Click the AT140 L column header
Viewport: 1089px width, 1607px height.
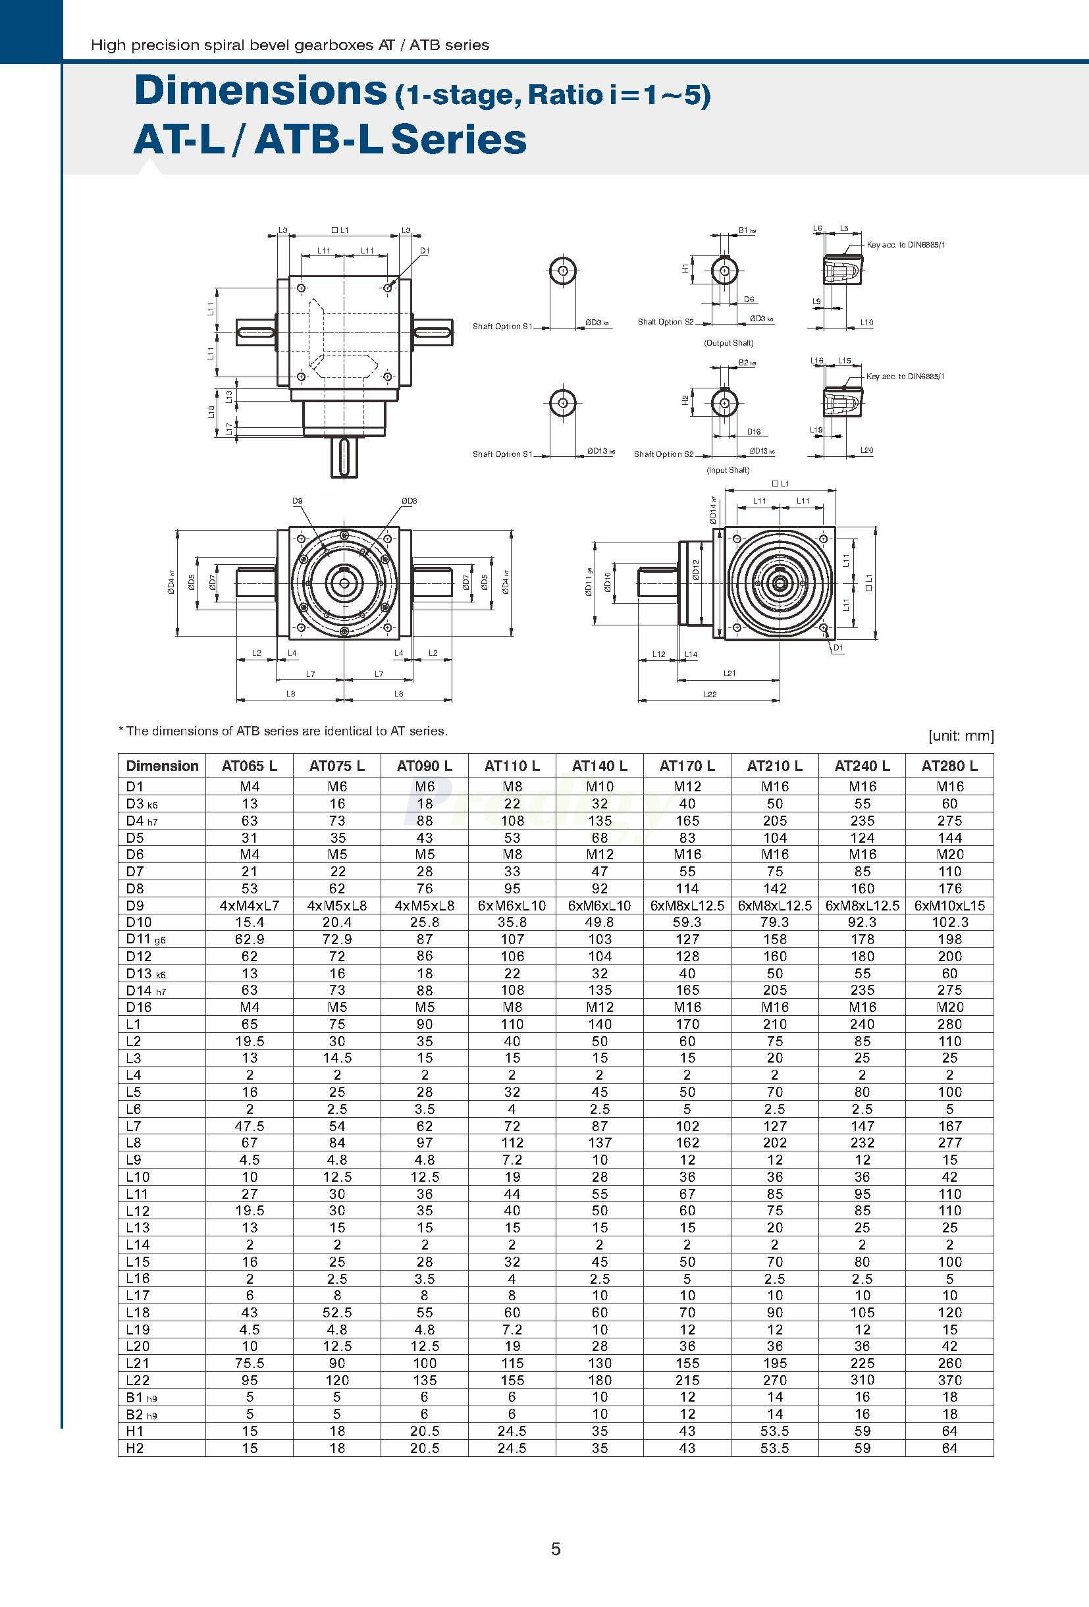[x=598, y=766]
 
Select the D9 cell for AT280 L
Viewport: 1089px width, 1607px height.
[x=949, y=905]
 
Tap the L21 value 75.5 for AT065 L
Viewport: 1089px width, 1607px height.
[x=249, y=1363]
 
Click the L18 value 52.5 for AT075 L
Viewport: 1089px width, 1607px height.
[x=336, y=1313]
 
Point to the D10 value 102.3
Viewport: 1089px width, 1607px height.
[x=949, y=922]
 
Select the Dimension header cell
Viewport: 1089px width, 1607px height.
[x=162, y=766]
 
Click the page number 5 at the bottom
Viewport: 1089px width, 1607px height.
[x=556, y=1549]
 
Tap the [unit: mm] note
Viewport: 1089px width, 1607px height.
[x=961, y=736]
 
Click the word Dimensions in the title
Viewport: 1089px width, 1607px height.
[x=260, y=91]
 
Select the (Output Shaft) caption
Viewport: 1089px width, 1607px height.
[x=728, y=343]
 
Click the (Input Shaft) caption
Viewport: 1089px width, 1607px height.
[x=728, y=470]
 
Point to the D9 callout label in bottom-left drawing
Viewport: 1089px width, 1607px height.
[x=298, y=500]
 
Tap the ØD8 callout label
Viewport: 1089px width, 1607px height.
[x=409, y=500]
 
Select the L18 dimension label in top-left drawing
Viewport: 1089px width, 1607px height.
[x=211, y=411]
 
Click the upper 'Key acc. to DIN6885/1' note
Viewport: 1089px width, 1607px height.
[x=905, y=245]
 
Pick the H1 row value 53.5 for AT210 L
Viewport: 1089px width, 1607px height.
[x=774, y=1431]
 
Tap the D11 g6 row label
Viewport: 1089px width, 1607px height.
[x=146, y=939]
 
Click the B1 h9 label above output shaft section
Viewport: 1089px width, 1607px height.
[x=746, y=230]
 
